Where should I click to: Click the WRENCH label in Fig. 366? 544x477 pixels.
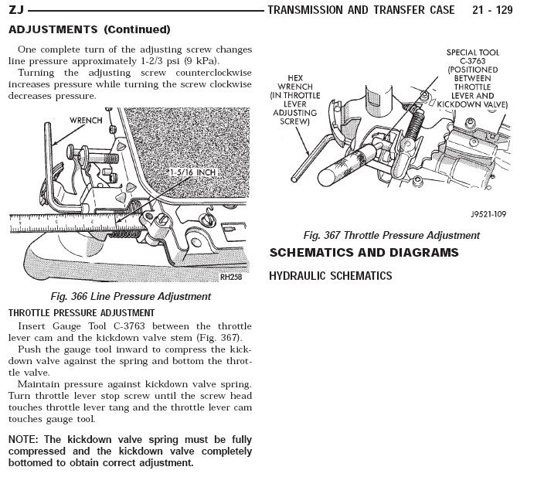tap(86, 121)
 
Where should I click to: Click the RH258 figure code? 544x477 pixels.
tap(230, 277)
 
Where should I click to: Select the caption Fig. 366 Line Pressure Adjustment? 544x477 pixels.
tap(130, 296)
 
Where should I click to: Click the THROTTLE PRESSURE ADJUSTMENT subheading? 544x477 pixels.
tap(81, 313)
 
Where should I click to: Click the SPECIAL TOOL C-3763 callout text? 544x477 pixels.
tap(473, 77)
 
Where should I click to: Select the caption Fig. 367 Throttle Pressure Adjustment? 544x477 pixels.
tap(391, 235)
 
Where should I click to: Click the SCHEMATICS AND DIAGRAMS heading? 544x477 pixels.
tap(363, 253)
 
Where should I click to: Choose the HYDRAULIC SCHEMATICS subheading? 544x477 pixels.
tap(330, 276)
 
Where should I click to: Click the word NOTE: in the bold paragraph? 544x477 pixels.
tap(25, 438)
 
